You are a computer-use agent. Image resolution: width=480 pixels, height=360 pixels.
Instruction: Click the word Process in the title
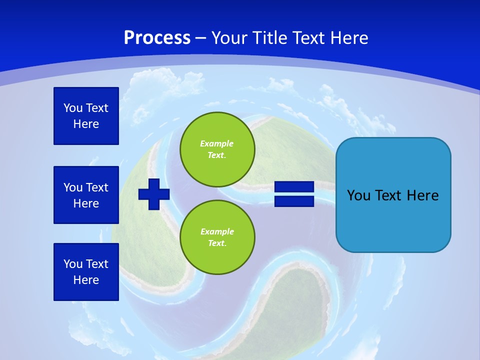157,38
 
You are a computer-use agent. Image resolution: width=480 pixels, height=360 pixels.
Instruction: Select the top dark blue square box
86,116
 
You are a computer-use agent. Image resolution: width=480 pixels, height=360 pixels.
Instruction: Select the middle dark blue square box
86,195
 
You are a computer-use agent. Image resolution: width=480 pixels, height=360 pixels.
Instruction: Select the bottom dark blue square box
86,272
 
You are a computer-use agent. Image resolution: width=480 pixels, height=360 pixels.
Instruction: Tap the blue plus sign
154,194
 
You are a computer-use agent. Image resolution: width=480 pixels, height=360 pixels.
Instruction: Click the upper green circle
217,149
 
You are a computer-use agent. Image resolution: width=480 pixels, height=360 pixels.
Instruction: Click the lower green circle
217,237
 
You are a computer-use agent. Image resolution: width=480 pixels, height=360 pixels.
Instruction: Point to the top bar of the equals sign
294,187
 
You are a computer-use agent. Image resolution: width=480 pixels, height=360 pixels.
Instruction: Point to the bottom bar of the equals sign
294,201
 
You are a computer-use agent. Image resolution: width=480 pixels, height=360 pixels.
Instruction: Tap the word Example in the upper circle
216,144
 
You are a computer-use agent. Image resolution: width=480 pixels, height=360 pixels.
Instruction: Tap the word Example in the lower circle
216,232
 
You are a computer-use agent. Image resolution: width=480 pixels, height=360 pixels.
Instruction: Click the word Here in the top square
86,124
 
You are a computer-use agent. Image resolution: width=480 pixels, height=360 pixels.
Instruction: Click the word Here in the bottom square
86,280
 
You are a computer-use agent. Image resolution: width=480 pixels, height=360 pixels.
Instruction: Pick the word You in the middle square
73,187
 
